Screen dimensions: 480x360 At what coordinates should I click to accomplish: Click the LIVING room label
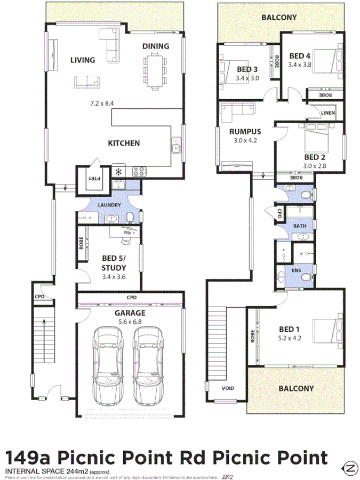click(x=83, y=60)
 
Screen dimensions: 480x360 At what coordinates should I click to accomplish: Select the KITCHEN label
click(x=124, y=143)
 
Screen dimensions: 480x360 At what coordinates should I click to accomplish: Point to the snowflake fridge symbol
click(x=118, y=172)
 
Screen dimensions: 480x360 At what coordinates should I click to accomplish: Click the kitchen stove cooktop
click(x=140, y=172)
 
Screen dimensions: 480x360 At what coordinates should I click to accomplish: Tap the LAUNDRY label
click(x=109, y=205)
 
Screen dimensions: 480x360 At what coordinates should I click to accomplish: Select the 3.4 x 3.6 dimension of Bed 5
click(x=114, y=277)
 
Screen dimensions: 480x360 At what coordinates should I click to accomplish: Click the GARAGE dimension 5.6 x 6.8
click(x=130, y=321)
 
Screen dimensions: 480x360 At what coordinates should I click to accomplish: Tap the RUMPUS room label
click(x=245, y=132)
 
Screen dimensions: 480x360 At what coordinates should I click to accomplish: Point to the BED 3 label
click(x=247, y=69)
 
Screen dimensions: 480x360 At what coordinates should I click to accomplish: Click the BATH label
click(x=300, y=226)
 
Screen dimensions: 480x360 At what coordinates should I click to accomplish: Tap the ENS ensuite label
click(x=297, y=270)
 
